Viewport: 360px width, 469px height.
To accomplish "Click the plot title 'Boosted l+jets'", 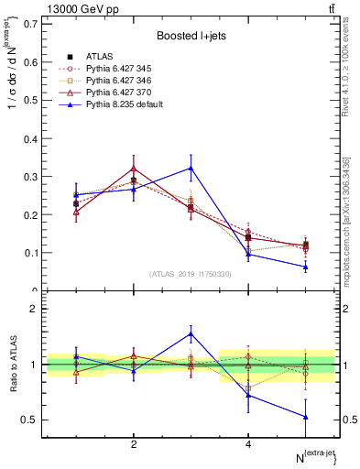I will point(190,35).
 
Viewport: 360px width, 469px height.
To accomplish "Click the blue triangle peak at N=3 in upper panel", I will point(191,168).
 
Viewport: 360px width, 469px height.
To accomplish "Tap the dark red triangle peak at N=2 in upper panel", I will point(134,169).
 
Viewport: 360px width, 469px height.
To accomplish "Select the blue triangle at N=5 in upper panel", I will point(305,267).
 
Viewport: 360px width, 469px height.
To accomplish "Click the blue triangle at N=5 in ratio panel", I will point(305,417).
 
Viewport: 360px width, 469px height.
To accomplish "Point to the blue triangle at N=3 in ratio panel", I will point(191,333).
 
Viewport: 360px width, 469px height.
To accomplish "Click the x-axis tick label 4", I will point(248,445).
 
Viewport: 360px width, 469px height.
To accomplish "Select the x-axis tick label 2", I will point(134,445).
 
